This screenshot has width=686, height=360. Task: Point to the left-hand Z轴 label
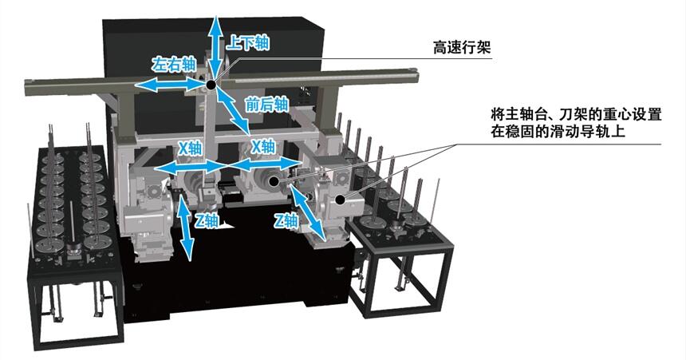coord(204,220)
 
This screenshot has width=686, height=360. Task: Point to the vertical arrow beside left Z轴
coord(187,227)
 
